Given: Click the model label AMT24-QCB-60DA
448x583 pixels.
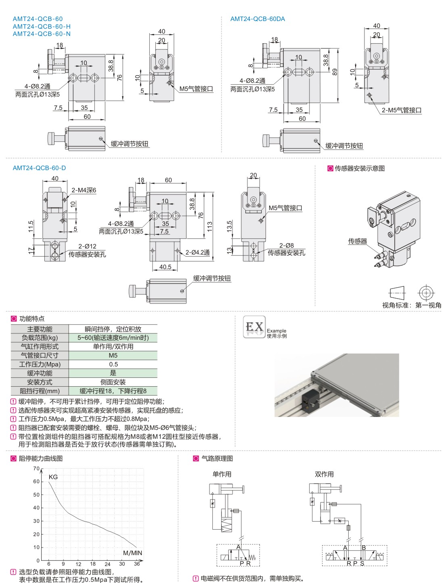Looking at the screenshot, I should [x=257, y=19].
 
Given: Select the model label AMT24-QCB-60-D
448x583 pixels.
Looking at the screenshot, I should [x=39, y=168].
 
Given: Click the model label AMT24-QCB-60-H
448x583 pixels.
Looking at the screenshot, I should [x=42, y=26].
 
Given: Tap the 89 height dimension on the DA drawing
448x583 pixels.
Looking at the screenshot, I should [x=335, y=72].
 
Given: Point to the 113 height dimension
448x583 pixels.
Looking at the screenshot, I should [x=209, y=226].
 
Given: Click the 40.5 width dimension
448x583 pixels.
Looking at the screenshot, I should [x=165, y=267].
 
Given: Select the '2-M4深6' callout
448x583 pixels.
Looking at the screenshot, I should [x=84, y=190].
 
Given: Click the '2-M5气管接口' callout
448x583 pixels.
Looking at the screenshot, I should [x=402, y=110].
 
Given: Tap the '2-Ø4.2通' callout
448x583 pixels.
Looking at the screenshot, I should [x=198, y=253].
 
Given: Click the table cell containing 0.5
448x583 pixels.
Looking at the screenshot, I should [x=113, y=364].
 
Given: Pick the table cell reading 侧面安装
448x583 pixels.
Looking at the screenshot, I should [x=113, y=382].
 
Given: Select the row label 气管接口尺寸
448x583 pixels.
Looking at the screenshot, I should [x=40, y=356].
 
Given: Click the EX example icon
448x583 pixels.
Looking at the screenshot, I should [x=254, y=327].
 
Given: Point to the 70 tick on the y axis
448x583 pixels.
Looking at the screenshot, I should [x=36, y=469].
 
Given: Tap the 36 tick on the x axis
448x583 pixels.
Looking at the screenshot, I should [x=137, y=564].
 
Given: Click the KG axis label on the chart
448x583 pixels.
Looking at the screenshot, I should [x=53, y=477].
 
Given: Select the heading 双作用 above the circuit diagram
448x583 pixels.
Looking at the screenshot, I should [x=324, y=474].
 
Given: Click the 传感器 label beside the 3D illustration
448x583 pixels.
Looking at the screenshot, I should [x=358, y=241].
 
